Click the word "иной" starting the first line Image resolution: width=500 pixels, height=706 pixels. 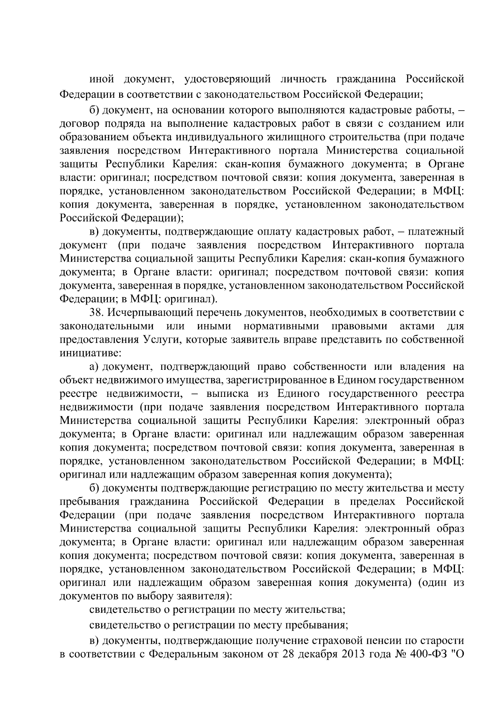[101, 79]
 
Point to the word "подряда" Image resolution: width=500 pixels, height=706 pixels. [120, 124]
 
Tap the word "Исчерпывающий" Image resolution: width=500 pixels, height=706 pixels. [147, 312]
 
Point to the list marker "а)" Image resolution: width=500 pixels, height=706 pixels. [94, 367]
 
